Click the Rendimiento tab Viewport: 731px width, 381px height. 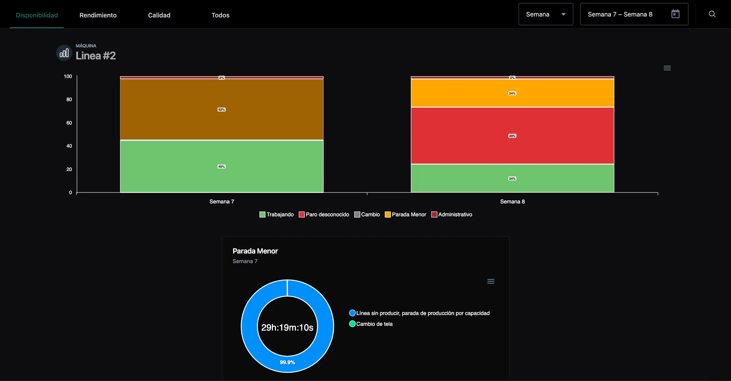[x=98, y=15]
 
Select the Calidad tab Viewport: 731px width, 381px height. [x=159, y=15]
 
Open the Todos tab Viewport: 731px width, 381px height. [x=220, y=15]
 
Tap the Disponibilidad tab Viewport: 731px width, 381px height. [x=37, y=15]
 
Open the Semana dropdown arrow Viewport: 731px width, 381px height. [x=563, y=14]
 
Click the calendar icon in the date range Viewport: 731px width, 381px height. [x=675, y=14]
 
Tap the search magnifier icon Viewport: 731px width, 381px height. [x=712, y=14]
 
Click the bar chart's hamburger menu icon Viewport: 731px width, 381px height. [x=667, y=68]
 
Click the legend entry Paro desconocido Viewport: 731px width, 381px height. [x=324, y=214]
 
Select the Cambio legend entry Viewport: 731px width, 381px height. [x=367, y=214]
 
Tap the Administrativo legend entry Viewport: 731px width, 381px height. [x=452, y=214]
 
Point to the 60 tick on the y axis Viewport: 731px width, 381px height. [x=69, y=123]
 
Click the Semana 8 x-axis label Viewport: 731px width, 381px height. [x=512, y=202]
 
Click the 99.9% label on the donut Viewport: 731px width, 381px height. [x=287, y=362]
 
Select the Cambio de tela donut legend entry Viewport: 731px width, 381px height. [x=371, y=324]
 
